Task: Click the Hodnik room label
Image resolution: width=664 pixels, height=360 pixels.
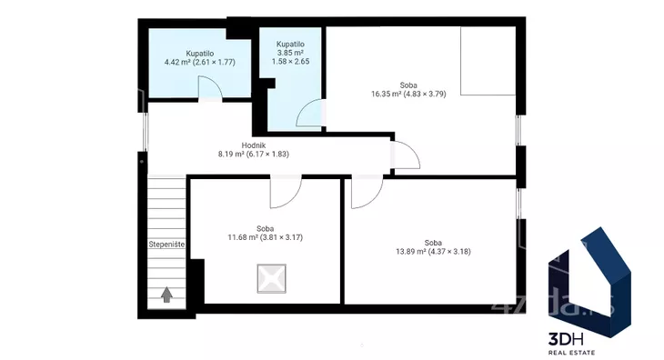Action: tap(254, 145)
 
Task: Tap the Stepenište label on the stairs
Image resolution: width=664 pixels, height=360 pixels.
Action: tap(166, 244)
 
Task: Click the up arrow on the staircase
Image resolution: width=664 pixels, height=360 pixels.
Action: tap(166, 295)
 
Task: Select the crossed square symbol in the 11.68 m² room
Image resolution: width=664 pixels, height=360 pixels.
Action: tap(271, 279)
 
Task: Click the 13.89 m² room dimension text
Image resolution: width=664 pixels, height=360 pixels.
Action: tap(433, 251)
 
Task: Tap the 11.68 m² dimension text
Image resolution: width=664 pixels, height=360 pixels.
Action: tap(265, 237)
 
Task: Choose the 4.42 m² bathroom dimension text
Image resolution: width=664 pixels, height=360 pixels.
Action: tap(199, 62)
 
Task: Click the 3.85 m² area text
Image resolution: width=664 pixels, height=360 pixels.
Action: tap(290, 53)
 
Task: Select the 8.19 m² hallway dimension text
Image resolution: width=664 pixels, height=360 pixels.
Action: tap(254, 154)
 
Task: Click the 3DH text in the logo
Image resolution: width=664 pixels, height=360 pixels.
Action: tap(566, 339)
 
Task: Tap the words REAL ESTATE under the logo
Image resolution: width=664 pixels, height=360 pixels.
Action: tap(572, 353)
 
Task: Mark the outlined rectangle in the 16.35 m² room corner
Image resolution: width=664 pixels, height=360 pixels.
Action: tap(488, 61)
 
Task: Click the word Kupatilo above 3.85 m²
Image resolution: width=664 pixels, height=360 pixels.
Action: tap(290, 44)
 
